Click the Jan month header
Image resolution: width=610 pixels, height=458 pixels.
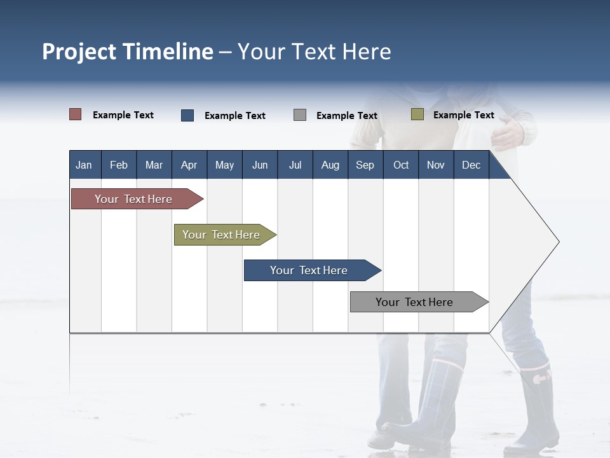click(84, 165)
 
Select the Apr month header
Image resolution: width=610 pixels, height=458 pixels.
click(189, 165)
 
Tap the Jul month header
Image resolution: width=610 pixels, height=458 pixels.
click(295, 165)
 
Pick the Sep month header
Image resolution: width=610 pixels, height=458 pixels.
click(365, 165)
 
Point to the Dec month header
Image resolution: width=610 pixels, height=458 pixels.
click(471, 165)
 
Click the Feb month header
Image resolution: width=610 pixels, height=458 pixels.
click(119, 165)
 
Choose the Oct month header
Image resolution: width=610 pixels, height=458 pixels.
click(401, 165)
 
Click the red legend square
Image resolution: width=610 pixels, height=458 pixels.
click(76, 114)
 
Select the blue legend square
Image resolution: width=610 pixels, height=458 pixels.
click(187, 115)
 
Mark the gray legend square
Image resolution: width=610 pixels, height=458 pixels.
click(300, 115)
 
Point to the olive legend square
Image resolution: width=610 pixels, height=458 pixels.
click(417, 114)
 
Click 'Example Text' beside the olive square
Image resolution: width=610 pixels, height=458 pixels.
click(463, 115)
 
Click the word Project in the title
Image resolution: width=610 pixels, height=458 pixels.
click(79, 52)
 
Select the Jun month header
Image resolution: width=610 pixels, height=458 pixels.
click(260, 165)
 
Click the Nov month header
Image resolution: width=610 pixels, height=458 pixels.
click(436, 165)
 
